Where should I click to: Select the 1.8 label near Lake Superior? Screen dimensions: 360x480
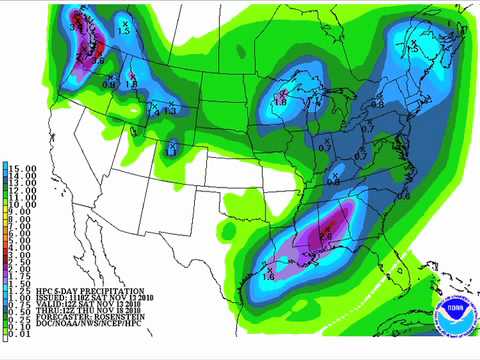[x=282, y=102]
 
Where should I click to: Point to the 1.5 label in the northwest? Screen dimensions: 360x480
[x=125, y=29]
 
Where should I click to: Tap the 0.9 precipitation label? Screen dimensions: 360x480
[x=109, y=85]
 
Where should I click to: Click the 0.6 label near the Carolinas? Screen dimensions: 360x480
[x=404, y=196]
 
